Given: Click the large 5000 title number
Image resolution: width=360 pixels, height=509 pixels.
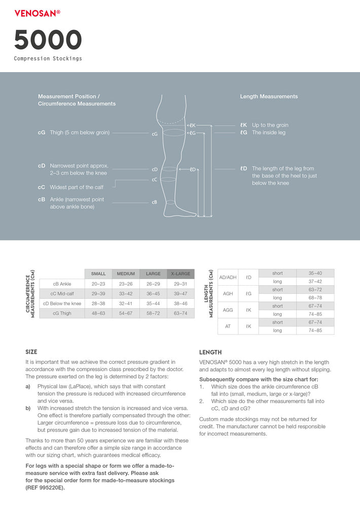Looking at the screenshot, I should pos(48,40).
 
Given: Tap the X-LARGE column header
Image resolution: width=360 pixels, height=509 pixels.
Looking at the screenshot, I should pos(181,274).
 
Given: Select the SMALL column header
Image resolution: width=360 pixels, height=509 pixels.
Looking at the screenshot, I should pos(98,274).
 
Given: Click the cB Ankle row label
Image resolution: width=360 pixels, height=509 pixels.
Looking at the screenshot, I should pos(62,284).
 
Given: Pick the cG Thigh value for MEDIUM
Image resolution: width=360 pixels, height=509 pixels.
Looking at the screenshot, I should pos(126,314).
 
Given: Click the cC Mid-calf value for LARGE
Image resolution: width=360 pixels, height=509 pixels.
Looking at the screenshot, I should pos(153,294).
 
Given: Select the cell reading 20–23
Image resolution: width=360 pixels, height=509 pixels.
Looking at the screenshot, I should pos(98,284).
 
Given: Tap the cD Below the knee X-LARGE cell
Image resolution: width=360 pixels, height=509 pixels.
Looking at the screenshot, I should pos(181,303).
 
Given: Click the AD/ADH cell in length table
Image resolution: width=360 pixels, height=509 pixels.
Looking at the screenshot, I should pos(228,278).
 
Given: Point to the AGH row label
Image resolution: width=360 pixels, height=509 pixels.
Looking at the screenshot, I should pos(228,293).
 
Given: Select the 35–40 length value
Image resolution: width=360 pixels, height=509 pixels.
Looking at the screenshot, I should pos(315,273).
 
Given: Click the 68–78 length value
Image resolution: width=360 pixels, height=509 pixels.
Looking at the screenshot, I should pos(315,298).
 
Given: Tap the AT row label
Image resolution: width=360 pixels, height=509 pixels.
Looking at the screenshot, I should pos(228,326).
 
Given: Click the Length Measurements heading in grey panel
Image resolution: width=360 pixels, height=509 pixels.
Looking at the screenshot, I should pos(269,96).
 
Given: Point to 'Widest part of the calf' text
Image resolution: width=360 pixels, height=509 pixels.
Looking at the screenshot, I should pos(76,187).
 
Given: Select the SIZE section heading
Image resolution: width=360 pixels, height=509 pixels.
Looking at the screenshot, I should pos(31,352).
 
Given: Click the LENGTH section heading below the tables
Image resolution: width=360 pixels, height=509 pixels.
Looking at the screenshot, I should pos(210,352).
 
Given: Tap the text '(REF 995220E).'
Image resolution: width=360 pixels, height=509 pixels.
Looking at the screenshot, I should pos(45,488).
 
